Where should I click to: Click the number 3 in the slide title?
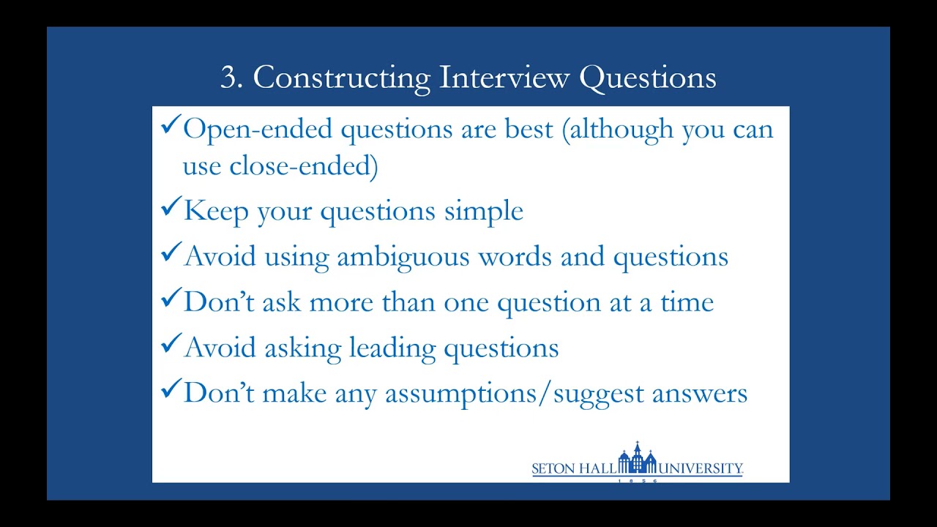coord(231,78)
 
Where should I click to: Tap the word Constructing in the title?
coord(341,78)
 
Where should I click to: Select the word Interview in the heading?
coord(504,78)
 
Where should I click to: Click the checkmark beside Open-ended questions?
coord(170,127)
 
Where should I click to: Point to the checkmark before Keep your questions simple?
coord(170,210)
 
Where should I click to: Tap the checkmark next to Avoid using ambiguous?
coord(170,255)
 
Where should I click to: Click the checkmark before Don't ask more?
coord(170,300)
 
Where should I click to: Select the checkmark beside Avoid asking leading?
coord(170,345)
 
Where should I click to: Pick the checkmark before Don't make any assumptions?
coord(170,391)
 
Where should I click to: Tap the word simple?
coord(484,212)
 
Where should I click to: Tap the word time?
coord(687,302)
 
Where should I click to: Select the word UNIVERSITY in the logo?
coord(701,468)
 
